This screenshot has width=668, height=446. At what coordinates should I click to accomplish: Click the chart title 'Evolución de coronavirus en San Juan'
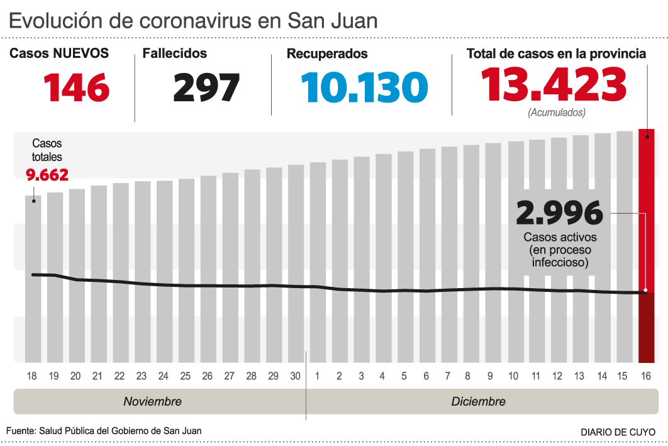[194, 20]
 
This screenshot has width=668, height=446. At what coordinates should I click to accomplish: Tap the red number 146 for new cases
[77, 87]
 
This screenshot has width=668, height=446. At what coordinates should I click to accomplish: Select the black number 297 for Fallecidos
[206, 87]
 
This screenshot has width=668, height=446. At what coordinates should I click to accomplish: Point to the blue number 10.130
[364, 87]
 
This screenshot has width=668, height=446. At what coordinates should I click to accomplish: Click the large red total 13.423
[554, 84]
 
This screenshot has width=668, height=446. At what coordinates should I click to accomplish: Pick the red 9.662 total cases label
[47, 174]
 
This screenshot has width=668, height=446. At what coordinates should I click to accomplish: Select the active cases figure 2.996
[559, 214]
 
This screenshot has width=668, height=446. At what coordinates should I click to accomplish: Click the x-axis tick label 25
[185, 376]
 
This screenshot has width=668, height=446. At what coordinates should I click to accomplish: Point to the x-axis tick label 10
[513, 376]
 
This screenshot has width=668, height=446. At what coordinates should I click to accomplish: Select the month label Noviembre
[152, 401]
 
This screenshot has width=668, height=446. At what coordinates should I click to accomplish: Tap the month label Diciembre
[478, 401]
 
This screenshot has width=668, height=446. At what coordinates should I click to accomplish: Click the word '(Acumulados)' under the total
[557, 113]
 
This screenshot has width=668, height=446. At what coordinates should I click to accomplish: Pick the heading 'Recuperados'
[327, 54]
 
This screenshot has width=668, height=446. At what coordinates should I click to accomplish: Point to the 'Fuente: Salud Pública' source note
[104, 431]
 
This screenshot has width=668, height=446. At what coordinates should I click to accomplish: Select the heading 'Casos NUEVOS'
[59, 54]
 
